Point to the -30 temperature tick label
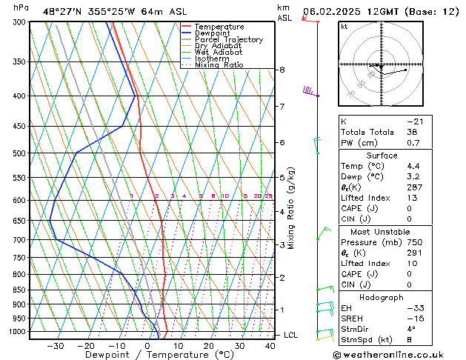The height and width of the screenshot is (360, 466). [x=55, y=346]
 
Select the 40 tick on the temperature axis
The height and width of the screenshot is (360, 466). [x=270, y=346]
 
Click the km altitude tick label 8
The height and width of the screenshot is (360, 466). [x=282, y=70]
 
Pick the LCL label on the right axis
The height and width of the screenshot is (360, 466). [x=290, y=335]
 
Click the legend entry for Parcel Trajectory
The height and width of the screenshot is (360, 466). [x=229, y=40]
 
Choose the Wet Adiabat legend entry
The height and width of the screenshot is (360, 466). [x=219, y=53]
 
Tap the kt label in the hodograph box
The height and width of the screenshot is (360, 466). [x=344, y=26]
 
